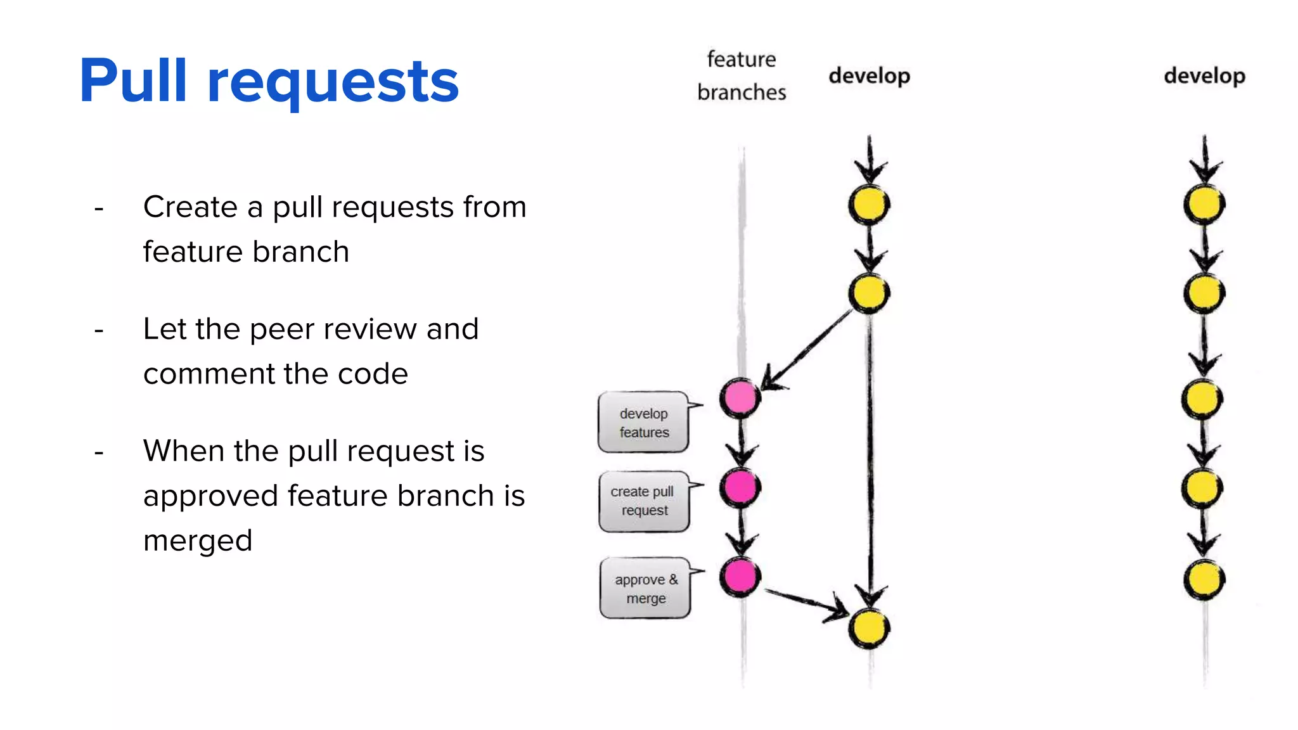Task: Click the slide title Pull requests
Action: tap(269, 81)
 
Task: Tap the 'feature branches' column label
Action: tap(741, 75)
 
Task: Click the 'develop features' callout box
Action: tap(643, 423)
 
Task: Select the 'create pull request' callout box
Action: tap(643, 501)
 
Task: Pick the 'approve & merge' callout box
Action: tap(645, 589)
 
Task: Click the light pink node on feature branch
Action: tap(740, 398)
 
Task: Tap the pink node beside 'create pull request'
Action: tap(740, 487)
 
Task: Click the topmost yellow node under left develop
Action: tap(869, 205)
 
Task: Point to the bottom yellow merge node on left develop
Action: tap(869, 628)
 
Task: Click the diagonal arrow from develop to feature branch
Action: tap(808, 349)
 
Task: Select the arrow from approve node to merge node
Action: tap(805, 601)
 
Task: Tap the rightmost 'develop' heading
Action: tap(1204, 76)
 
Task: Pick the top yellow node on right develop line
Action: tap(1204, 205)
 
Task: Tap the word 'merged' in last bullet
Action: tap(198, 541)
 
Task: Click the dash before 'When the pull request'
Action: tap(99, 452)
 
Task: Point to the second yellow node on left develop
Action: tap(869, 293)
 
